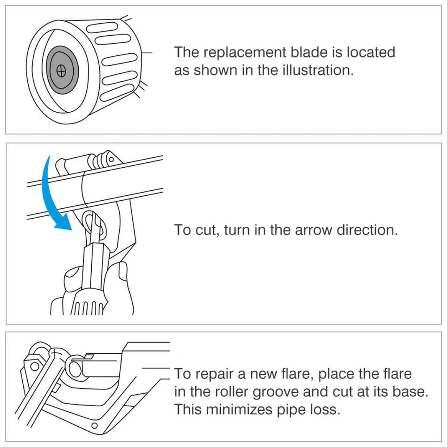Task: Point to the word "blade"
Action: (x=309, y=52)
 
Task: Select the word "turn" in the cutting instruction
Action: (x=239, y=230)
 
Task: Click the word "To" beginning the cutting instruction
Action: (x=182, y=230)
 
